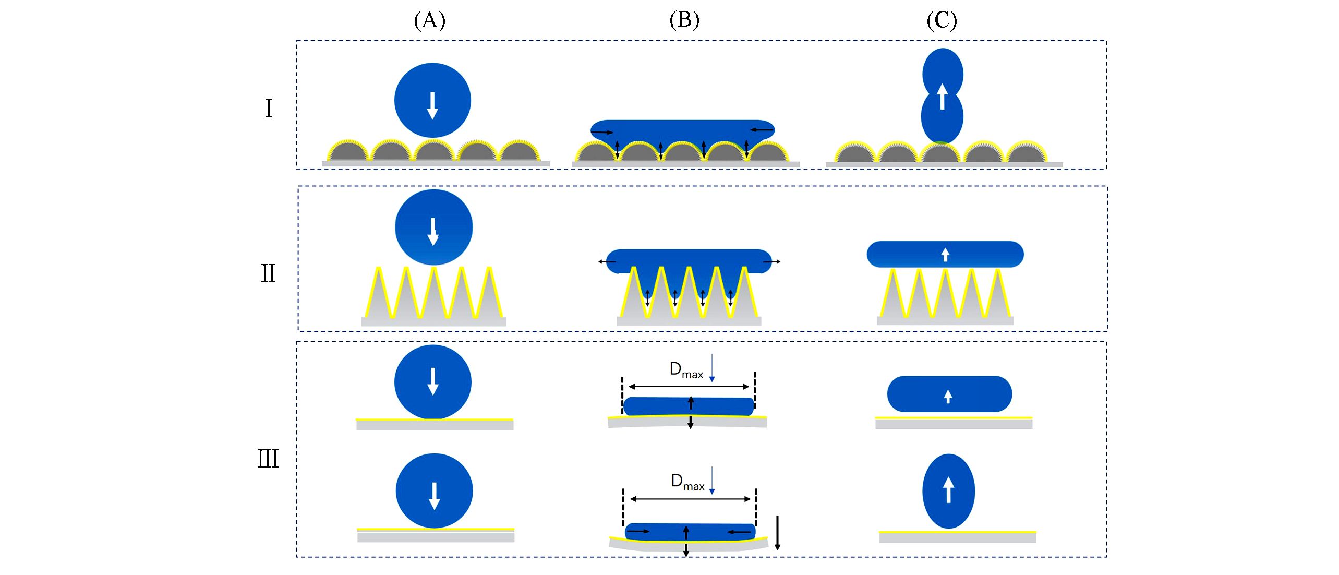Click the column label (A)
pyautogui.click(x=429, y=20)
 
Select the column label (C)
pyautogui.click(x=942, y=20)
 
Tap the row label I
pyautogui.click(x=268, y=109)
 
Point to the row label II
pyautogui.click(x=268, y=273)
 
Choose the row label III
pyautogui.click(x=268, y=459)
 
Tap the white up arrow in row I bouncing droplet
pyautogui.click(x=942, y=97)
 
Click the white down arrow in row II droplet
pyautogui.click(x=433, y=232)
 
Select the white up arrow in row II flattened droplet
pyautogui.click(x=945, y=255)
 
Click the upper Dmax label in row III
pyautogui.click(x=686, y=370)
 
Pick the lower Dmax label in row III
pyautogui.click(x=687, y=482)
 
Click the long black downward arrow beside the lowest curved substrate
pyautogui.click(x=777, y=533)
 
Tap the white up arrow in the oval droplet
pyautogui.click(x=948, y=490)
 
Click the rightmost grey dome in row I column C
pyautogui.click(x=1026, y=153)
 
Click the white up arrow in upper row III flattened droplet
pyautogui.click(x=948, y=397)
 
